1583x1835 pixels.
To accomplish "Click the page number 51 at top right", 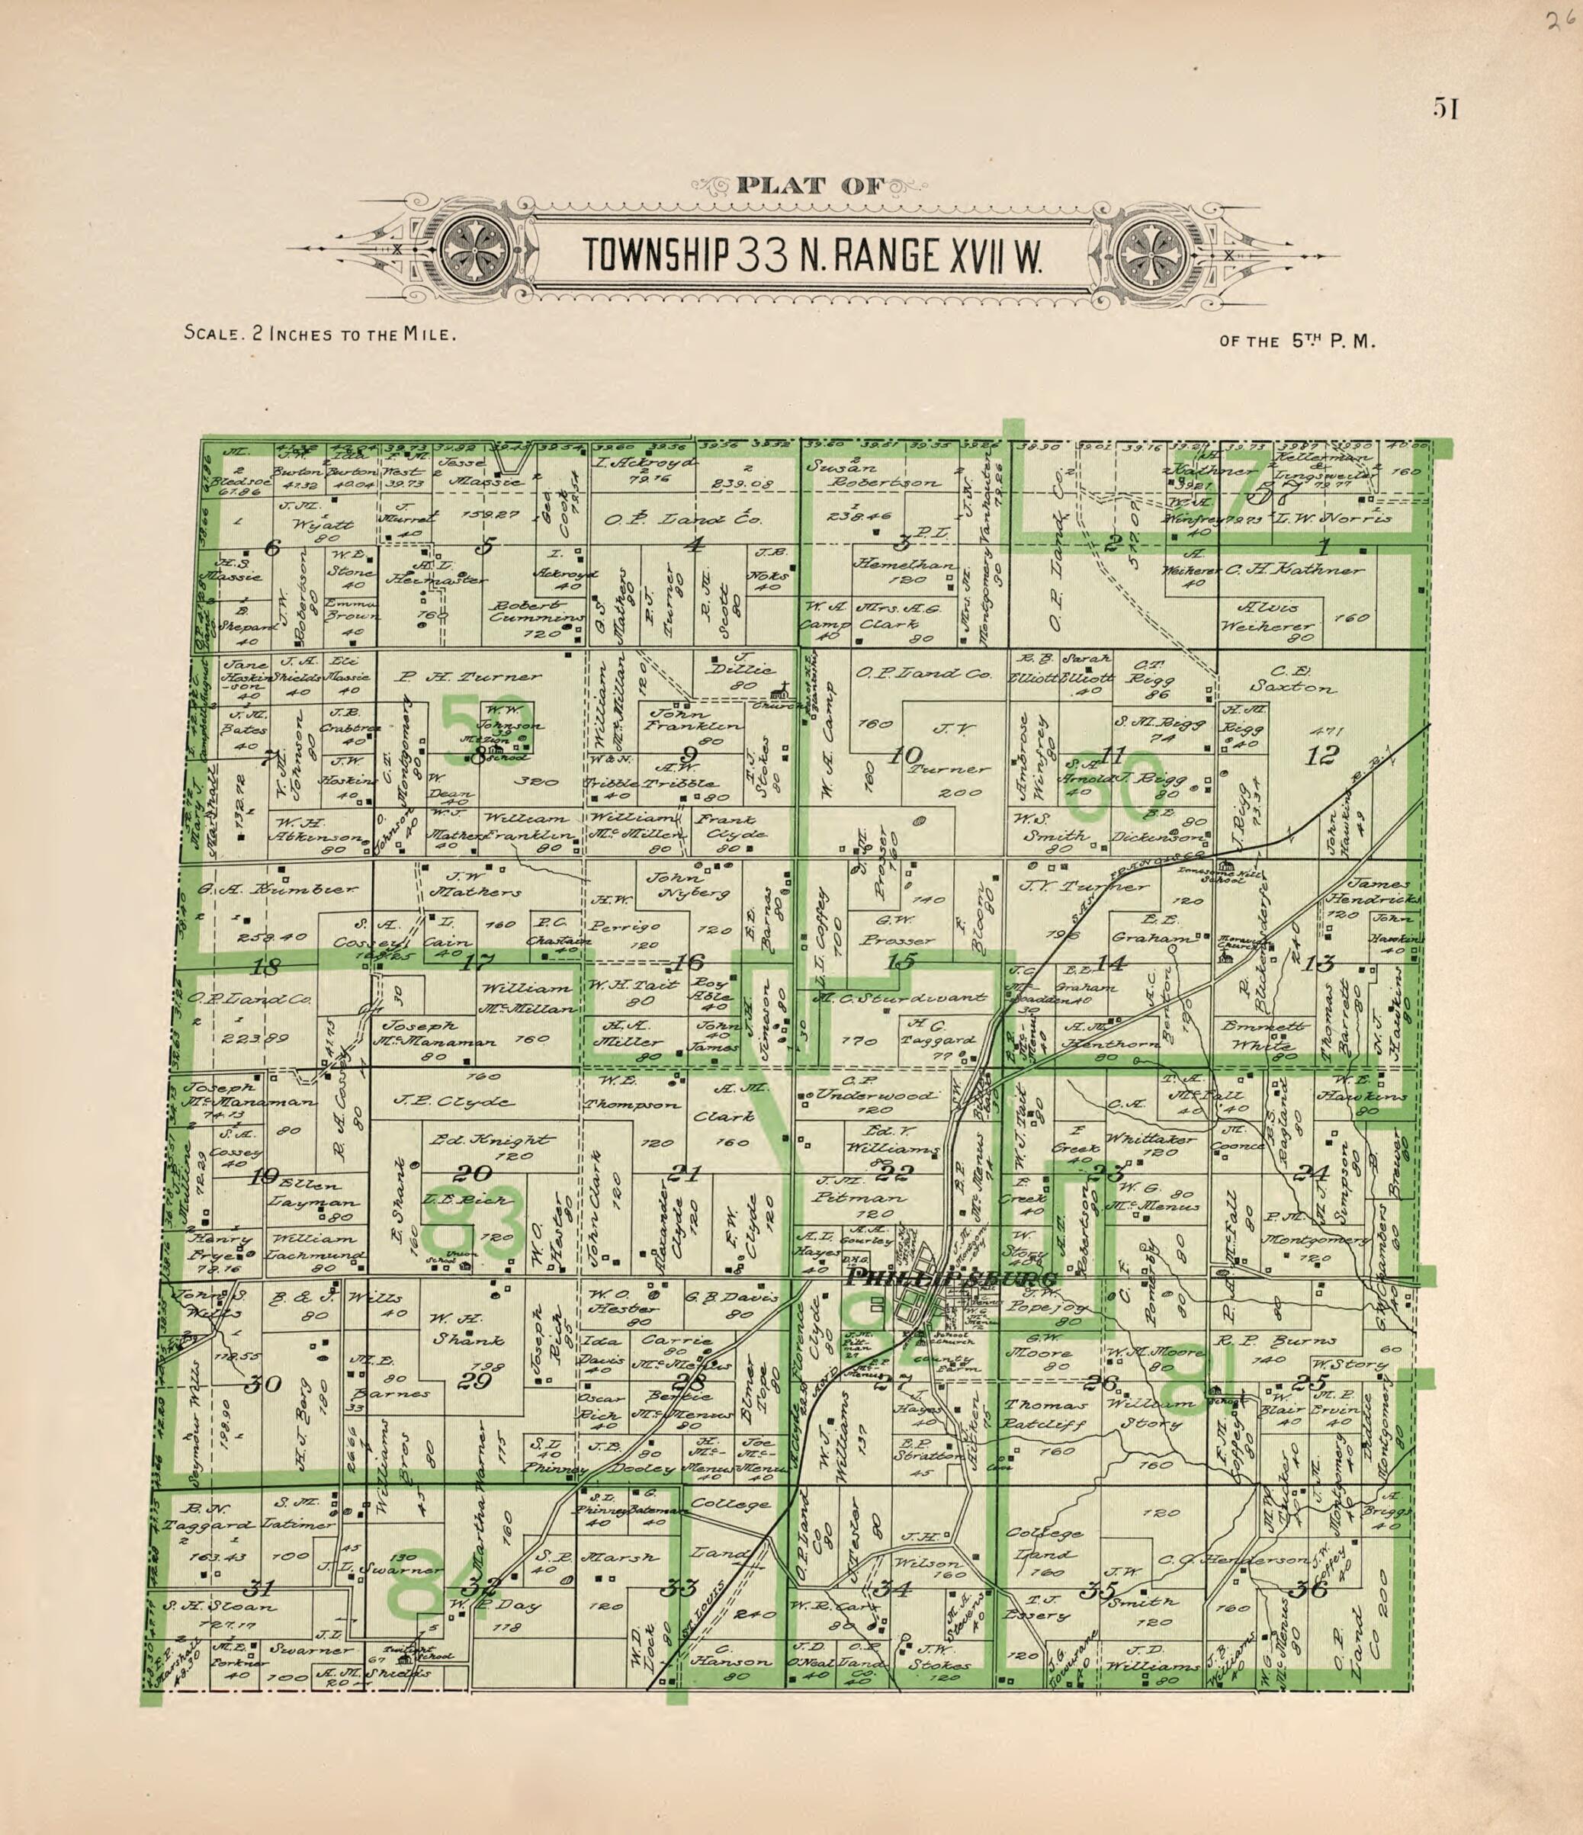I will (1445, 108).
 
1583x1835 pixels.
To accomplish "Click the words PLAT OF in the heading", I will (810, 186).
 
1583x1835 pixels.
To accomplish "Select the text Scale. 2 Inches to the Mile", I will (319, 335).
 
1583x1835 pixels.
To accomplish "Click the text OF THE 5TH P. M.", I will (1297, 341).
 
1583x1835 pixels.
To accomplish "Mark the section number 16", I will (687, 963).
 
